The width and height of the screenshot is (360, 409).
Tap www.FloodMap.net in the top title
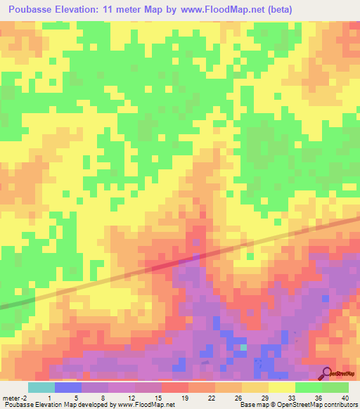point(221,10)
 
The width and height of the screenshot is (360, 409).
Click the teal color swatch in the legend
point(41,387)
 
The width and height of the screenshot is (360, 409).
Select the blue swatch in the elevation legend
point(67,387)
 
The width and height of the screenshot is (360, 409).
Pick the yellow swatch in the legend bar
point(281,387)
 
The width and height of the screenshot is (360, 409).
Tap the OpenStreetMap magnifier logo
point(327,372)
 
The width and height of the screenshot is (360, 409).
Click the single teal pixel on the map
point(244,346)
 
